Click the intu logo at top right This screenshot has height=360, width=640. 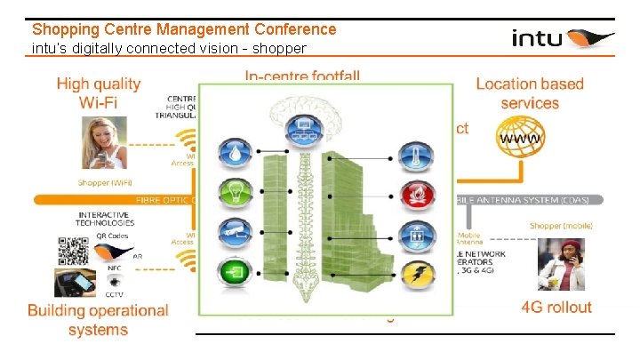point(563,38)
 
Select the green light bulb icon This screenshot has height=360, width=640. point(236,191)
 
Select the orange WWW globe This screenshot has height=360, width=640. point(524,140)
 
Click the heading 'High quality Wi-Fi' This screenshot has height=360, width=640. point(99,93)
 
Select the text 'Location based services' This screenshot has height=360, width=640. point(530,93)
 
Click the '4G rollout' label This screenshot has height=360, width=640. point(556,308)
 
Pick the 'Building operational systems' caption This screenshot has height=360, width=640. point(98,320)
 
